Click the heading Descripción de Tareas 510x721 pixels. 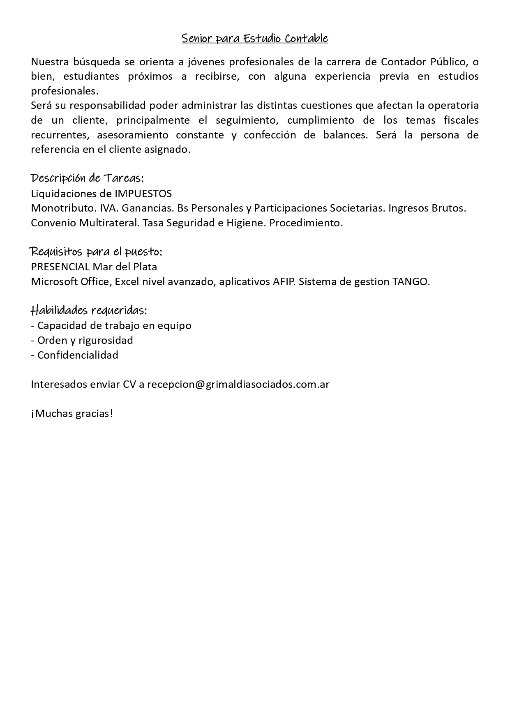(x=87, y=178)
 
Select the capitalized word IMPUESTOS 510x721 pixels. (x=143, y=193)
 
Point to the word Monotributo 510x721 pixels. (x=64, y=208)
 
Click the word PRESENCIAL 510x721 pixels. (x=60, y=267)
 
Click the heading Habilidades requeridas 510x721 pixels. (x=89, y=310)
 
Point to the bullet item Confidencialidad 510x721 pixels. (x=78, y=355)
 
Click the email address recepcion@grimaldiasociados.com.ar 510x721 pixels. (x=238, y=385)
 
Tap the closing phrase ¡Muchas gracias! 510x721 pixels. (x=72, y=414)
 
